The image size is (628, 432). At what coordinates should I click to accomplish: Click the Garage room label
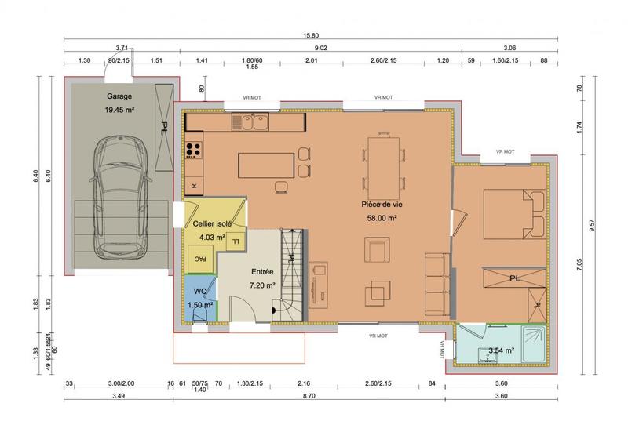pos(119,96)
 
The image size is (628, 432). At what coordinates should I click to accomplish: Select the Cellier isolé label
pos(212,224)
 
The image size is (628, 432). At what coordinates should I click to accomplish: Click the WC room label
pos(199,291)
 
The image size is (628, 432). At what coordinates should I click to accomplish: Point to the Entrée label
pos(261,271)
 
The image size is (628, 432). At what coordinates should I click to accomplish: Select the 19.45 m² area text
pos(119,111)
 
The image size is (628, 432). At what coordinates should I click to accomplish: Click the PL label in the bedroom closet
pos(514,278)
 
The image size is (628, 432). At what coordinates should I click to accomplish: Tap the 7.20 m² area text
pos(261,286)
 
